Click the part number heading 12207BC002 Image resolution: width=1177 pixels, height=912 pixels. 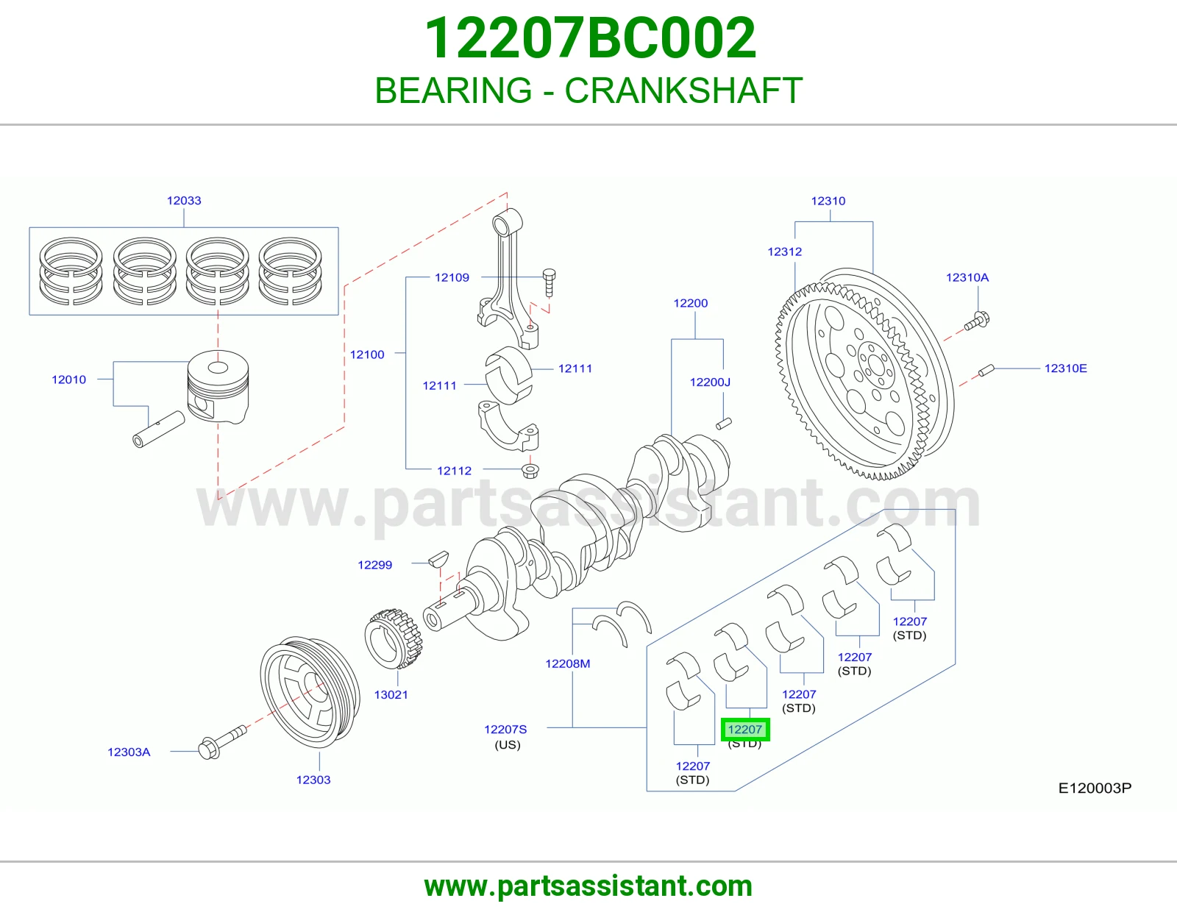(591, 38)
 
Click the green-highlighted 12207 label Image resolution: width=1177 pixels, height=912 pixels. (744, 730)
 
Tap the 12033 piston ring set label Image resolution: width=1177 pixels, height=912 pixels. (184, 200)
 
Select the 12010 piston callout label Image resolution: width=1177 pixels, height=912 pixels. (69, 380)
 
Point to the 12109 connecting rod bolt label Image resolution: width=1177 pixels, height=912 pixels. (452, 277)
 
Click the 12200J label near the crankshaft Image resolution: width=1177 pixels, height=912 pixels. (710, 382)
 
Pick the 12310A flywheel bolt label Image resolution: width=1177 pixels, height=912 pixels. (967, 277)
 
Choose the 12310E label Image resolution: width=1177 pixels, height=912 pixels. (1065, 368)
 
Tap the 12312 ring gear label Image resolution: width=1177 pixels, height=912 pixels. (785, 252)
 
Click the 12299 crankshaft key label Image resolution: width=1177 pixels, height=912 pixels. (375, 565)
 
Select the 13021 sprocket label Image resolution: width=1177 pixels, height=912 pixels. (391, 694)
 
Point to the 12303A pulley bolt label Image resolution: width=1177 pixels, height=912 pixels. (129, 752)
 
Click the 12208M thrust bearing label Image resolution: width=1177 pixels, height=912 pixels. (568, 663)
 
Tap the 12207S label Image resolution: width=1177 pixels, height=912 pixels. (505, 729)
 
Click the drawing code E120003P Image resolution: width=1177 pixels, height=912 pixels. (1095, 788)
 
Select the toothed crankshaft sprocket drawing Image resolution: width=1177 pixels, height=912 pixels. (394, 638)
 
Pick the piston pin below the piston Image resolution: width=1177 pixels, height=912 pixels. (159, 429)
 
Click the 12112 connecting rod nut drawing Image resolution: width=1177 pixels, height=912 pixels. (530, 471)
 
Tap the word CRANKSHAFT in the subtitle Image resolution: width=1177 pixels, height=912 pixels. (683, 90)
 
